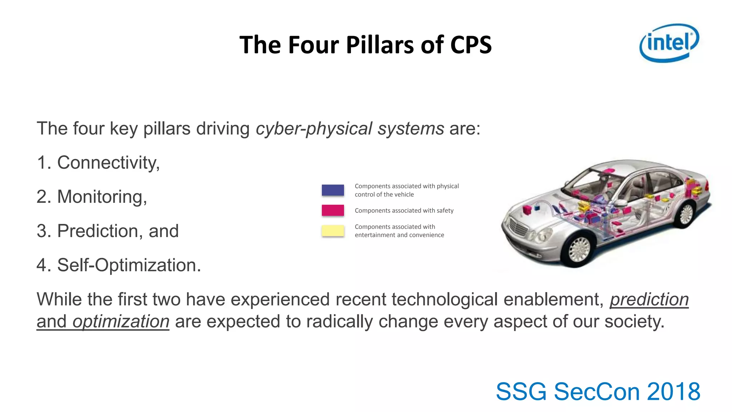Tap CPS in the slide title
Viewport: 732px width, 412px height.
point(471,45)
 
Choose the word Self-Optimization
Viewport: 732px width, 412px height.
point(128,265)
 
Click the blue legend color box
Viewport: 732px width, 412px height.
point(333,190)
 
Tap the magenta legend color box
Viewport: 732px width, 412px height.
point(333,210)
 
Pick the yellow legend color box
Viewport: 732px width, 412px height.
point(333,231)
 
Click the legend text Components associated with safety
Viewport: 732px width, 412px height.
point(404,211)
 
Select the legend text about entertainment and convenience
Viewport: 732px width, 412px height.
point(399,231)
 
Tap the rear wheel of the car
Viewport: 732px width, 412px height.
point(686,214)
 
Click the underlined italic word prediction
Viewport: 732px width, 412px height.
point(649,300)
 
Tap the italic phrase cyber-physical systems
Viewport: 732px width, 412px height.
point(350,129)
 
